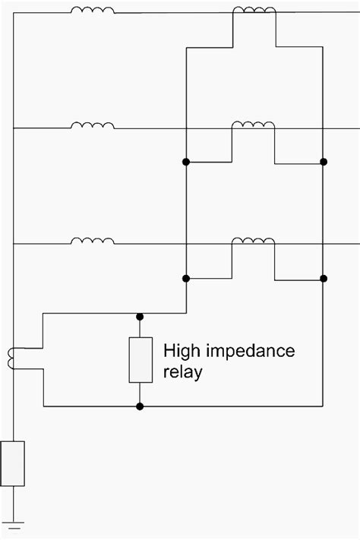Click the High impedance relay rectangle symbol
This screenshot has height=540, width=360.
pos(140,360)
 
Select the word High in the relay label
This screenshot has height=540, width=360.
pos(181,351)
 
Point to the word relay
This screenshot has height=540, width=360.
pos(183,373)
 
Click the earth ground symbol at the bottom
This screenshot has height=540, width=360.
pos(13,525)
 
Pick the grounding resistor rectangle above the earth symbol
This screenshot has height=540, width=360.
pos(13,463)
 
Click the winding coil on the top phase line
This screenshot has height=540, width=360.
pos(93,11)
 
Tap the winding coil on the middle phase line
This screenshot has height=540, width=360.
pos(93,125)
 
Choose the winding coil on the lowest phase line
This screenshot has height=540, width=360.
pos(93,241)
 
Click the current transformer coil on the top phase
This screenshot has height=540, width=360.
pos(253,11)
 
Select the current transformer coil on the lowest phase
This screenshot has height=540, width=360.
pos(253,241)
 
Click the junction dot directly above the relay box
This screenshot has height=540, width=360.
pos(140,315)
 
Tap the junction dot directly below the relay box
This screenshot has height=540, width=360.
pos(140,406)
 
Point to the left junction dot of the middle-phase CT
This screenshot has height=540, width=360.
pos(186,162)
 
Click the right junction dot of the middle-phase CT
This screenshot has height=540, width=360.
pos(324,162)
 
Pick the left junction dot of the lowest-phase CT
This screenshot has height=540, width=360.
pos(186,278)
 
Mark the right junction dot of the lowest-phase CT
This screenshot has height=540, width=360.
pos(324,278)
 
